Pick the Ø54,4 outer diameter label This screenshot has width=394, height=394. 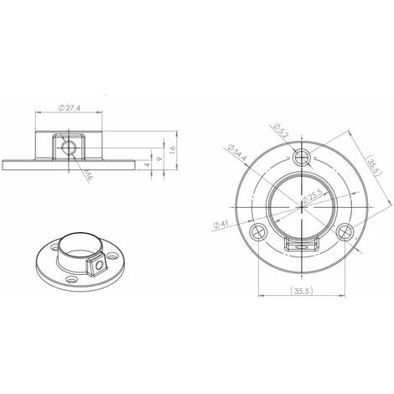click(x=237, y=153)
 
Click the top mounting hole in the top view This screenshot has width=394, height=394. click(x=303, y=156)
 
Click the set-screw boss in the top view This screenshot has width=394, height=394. click(x=303, y=246)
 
